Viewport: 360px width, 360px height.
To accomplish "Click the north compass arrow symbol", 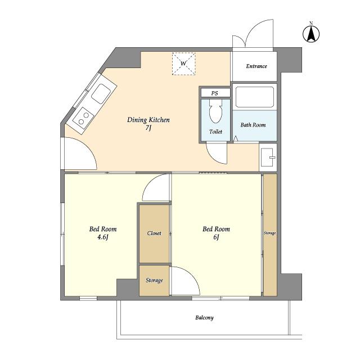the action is click(x=311, y=34).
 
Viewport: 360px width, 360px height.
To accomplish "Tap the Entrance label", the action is click(x=256, y=66).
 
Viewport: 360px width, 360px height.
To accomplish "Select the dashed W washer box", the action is click(x=184, y=64).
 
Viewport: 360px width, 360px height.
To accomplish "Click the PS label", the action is click(x=214, y=93).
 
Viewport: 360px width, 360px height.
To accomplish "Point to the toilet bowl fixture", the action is click(x=216, y=111).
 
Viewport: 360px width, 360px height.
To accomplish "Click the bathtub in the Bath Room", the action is click(x=255, y=97).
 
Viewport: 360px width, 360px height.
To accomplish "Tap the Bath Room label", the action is click(x=253, y=125).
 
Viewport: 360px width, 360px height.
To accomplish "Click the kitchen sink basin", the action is click(x=101, y=94).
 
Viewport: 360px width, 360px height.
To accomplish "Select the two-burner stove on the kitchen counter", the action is click(x=84, y=118).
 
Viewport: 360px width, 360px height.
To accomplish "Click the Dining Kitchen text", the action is click(x=148, y=120).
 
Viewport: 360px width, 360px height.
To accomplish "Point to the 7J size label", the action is click(x=148, y=128).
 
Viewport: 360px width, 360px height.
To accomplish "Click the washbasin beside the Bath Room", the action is click(x=268, y=157).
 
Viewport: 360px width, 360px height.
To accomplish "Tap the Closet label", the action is click(x=154, y=233).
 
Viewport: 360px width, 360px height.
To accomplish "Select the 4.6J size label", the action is click(x=102, y=237).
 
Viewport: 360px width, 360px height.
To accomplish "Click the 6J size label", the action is click(x=216, y=237).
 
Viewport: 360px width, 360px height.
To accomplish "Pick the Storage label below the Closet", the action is click(x=154, y=280).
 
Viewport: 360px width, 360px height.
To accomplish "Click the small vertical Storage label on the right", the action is click(x=270, y=233).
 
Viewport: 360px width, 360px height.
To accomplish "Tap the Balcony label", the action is click(x=204, y=318).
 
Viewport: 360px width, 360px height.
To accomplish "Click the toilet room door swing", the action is click(x=217, y=153).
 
